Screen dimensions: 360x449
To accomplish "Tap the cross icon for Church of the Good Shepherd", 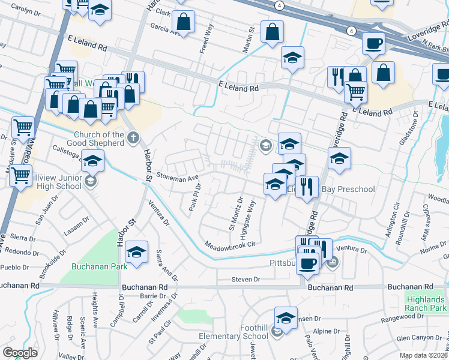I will (x=133, y=138).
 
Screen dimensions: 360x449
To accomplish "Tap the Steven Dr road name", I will (x=246, y=279).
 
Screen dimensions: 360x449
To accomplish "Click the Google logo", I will (x=20, y=352).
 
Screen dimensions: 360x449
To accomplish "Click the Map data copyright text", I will (x=423, y=355).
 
